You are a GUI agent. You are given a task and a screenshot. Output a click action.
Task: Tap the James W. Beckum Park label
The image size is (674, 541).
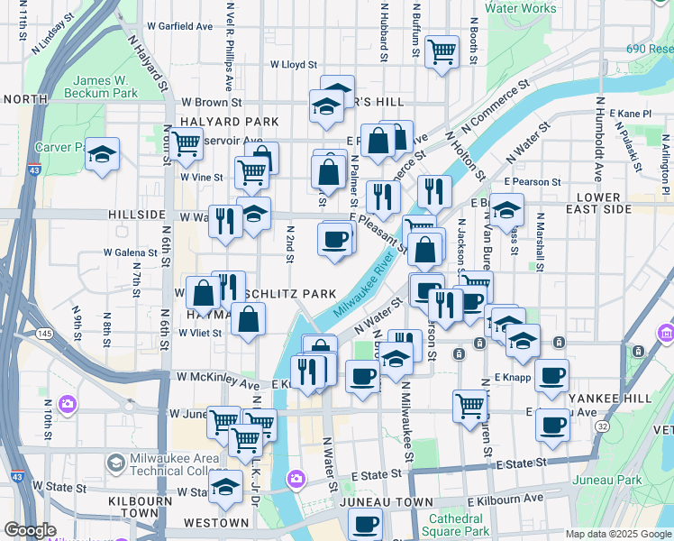tap(105, 87)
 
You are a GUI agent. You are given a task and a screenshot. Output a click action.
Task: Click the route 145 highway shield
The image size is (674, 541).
tap(44, 334)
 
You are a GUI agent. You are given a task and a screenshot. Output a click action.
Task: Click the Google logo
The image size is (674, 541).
tap(30, 530)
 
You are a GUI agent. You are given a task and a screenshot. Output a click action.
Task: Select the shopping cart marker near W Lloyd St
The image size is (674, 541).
tap(442, 51)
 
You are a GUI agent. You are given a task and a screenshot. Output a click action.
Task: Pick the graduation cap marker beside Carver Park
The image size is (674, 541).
tap(103, 153)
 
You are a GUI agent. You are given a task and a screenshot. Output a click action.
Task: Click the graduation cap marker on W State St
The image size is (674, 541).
tap(225, 488)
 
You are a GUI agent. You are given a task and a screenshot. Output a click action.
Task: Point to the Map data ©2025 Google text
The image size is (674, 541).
tap(617, 534)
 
